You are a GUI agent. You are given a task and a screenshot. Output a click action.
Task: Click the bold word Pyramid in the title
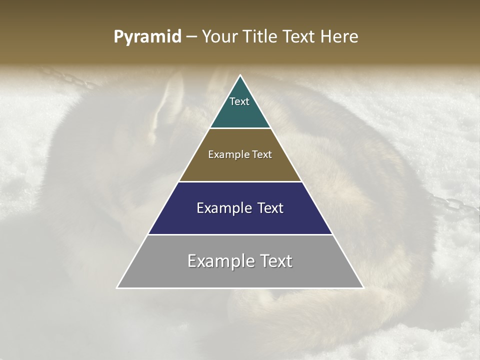pyautogui.click(x=147, y=36)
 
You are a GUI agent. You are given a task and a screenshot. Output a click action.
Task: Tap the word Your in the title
pyautogui.click(x=219, y=36)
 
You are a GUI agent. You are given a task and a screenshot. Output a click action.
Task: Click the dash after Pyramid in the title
pyautogui.click(x=191, y=37)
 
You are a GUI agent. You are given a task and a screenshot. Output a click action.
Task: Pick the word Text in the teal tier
pyautogui.click(x=239, y=101)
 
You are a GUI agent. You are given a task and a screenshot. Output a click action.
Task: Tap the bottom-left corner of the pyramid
pyautogui.click(x=117, y=287)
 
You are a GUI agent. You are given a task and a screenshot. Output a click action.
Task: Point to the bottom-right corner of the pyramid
pyautogui.click(x=363, y=287)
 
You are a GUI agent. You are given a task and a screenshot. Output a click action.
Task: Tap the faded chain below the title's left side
pyautogui.click(x=65, y=77)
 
